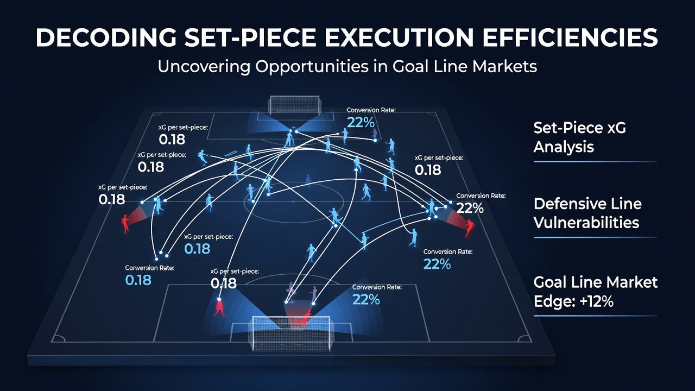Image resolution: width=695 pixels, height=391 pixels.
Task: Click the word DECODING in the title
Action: pyautogui.click(x=106, y=37)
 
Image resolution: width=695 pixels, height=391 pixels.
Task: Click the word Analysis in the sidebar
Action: pyautogui.click(x=564, y=147)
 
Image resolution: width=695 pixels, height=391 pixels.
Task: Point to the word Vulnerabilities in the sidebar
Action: pyautogui.click(x=586, y=223)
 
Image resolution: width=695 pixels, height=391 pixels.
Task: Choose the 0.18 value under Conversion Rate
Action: pyautogui.click(x=138, y=280)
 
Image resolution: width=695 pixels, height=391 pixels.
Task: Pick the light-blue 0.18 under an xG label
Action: pyautogui.click(x=197, y=249)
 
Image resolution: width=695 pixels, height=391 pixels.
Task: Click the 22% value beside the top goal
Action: pyautogui.click(x=361, y=123)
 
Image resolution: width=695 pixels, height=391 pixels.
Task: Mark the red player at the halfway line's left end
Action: pyautogui.click(x=125, y=223)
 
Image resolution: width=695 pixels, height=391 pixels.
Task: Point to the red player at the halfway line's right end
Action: pyautogui.click(x=469, y=228)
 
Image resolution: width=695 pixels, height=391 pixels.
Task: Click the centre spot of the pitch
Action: pyautogui.click(x=293, y=201)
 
